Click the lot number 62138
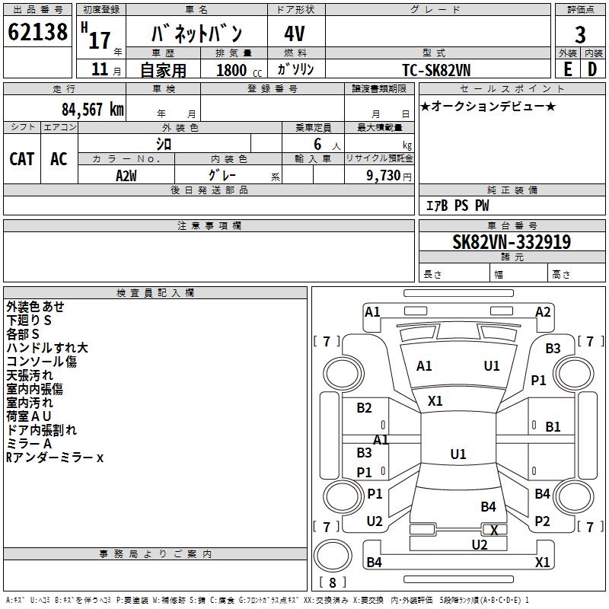click(37, 32)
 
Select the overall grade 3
click(580, 34)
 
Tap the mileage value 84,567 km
click(93, 110)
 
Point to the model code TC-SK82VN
click(436, 70)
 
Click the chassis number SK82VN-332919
click(512, 241)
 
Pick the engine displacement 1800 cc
click(239, 70)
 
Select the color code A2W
click(126, 176)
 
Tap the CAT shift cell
click(22, 159)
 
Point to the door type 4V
click(295, 33)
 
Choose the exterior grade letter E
click(568, 69)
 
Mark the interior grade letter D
click(592, 69)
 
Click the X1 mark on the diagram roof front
click(435, 401)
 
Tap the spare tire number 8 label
click(332, 582)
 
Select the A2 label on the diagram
click(543, 312)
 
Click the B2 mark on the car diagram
click(365, 408)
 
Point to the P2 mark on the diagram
click(542, 521)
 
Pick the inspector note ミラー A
click(29, 444)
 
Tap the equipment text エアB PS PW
click(458, 206)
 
